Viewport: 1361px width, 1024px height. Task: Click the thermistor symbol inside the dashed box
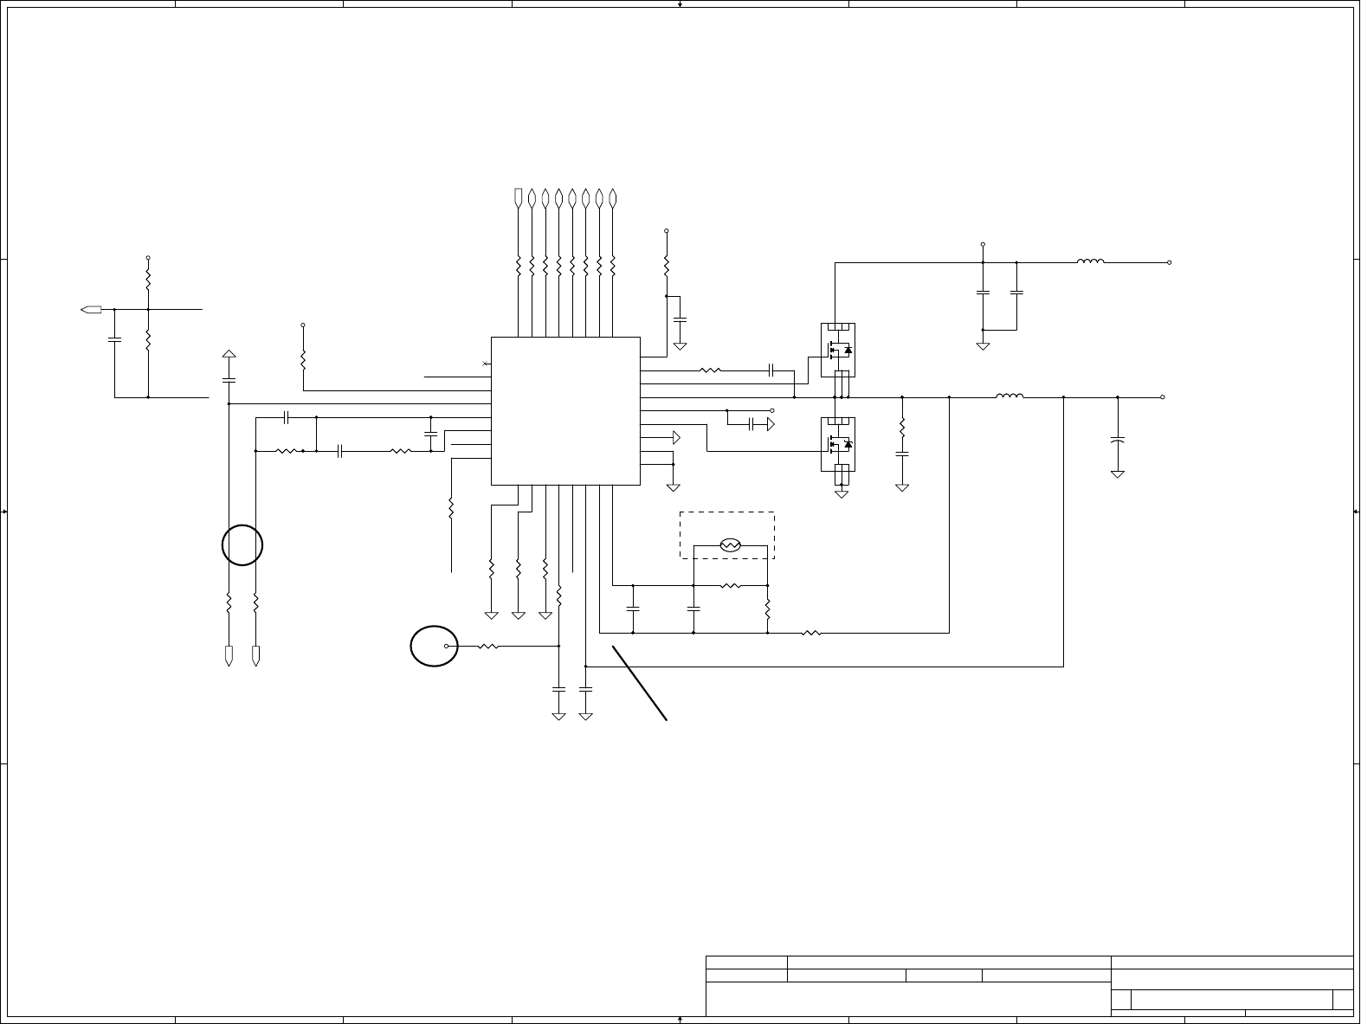pyautogui.click(x=730, y=545)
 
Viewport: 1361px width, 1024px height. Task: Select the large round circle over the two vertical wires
pyautogui.click(x=242, y=545)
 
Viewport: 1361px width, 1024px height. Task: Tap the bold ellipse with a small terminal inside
pyautogui.click(x=434, y=647)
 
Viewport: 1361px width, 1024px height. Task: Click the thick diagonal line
pyautogui.click(x=640, y=683)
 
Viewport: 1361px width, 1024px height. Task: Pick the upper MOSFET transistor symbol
pyautogui.click(x=837, y=350)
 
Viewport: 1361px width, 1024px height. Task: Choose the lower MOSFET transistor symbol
pyautogui.click(x=837, y=444)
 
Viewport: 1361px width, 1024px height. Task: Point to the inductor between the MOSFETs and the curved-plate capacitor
pyautogui.click(x=1009, y=396)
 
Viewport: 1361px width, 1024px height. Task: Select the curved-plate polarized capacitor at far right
pyautogui.click(x=1118, y=441)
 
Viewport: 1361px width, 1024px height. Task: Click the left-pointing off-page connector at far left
pyautogui.click(x=91, y=309)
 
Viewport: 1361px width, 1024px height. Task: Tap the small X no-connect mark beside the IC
pyautogui.click(x=486, y=364)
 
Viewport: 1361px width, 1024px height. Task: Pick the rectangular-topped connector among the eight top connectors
pyautogui.click(x=519, y=198)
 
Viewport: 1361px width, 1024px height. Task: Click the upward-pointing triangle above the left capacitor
pyautogui.click(x=229, y=355)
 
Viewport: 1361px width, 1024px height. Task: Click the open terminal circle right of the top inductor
pyautogui.click(x=1170, y=261)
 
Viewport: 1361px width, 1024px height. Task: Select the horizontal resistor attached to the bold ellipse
pyautogui.click(x=487, y=646)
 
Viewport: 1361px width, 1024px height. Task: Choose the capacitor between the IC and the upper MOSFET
pyautogui.click(x=770, y=370)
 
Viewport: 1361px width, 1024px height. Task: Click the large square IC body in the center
pyautogui.click(x=565, y=410)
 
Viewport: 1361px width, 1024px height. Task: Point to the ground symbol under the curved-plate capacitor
pyautogui.click(x=1118, y=473)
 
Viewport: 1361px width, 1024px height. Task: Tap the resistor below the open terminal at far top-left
pyautogui.click(x=148, y=280)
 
